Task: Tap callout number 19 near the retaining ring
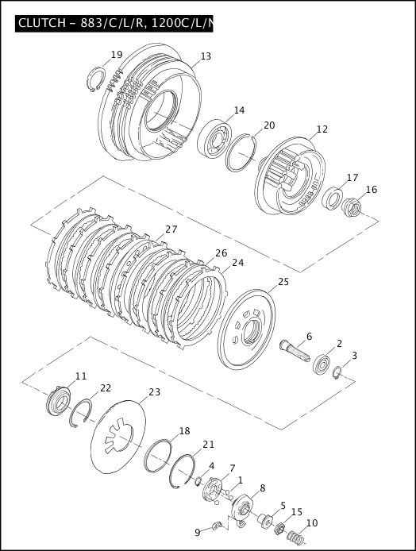point(117,55)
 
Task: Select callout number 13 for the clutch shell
point(206,56)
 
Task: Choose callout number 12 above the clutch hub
point(322,129)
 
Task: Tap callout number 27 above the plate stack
point(171,229)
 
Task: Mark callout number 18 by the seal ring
point(184,431)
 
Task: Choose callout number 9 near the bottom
point(197,532)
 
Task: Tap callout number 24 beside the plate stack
point(237,263)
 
